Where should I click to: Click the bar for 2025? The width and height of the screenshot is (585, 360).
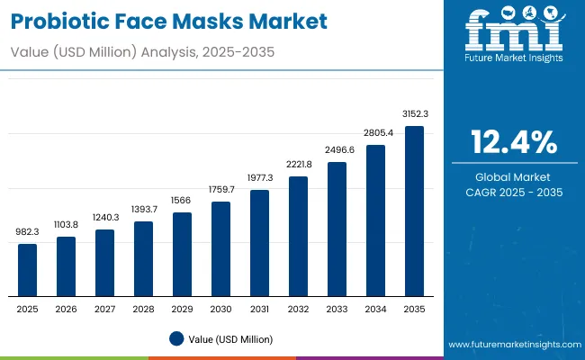pos(28,270)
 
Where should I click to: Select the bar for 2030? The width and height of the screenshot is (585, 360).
pos(221,249)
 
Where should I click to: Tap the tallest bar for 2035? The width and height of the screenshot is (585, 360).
pos(414,211)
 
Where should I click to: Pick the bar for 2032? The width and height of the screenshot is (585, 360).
pos(299,236)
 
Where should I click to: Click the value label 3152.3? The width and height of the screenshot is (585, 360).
pos(414,114)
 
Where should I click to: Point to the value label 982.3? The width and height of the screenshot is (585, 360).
pos(28,232)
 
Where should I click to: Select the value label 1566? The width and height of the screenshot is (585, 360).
pos(183,201)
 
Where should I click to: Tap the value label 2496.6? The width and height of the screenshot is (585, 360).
pos(337,150)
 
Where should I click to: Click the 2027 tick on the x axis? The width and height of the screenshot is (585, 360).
pos(105,309)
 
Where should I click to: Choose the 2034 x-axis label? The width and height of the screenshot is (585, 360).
pos(375,309)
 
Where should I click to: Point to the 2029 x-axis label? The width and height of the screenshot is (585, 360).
pos(183,309)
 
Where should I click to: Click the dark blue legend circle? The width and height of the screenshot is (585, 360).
pos(176,338)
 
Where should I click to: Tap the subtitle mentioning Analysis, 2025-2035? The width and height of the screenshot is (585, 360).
pos(145,52)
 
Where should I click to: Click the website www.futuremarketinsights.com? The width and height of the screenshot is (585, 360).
pos(513,345)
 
